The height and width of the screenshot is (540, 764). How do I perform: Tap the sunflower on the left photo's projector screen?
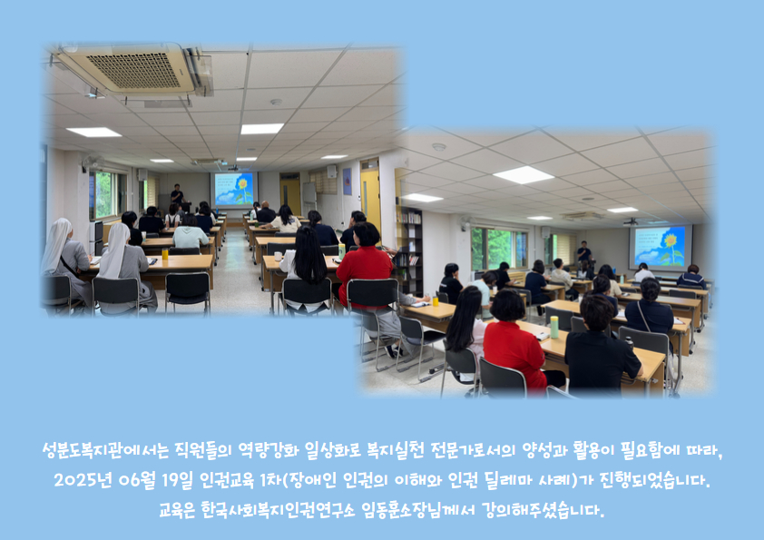tap(241, 189)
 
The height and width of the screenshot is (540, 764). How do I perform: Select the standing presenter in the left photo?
tap(177, 195)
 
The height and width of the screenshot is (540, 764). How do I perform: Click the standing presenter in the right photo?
tap(583, 252)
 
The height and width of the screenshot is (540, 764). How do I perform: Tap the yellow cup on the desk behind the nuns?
tap(165, 253)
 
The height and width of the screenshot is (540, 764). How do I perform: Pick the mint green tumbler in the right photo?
tap(554, 327)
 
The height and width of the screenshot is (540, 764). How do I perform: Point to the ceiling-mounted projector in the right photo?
tap(630, 222)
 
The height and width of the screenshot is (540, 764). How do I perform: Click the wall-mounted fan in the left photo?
tap(92, 162)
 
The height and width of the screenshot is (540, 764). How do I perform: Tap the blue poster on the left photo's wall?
tap(347, 182)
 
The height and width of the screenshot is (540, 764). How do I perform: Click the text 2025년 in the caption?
tap(83, 480)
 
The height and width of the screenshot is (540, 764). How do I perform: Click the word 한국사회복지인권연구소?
tap(279, 510)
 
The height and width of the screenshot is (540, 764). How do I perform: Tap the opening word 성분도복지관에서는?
tap(105, 450)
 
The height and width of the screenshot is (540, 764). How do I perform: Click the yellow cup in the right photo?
tap(436, 301)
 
